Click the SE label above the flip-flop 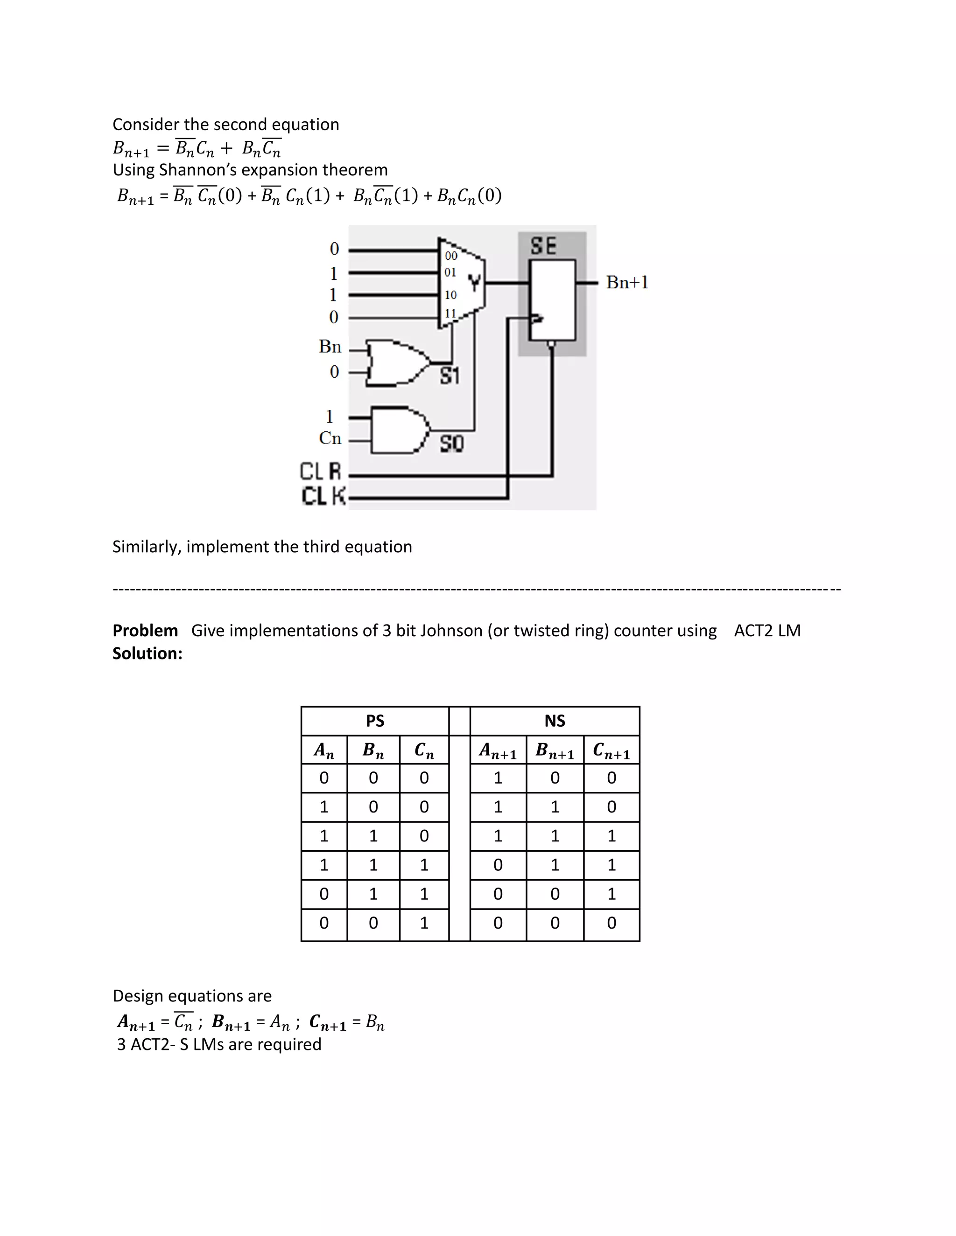click(543, 246)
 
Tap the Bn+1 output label click(627, 282)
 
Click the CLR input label click(321, 472)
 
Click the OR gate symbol click(396, 363)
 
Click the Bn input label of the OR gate click(330, 347)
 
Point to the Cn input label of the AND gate click(330, 438)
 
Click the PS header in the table click(375, 721)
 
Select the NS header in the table click(555, 721)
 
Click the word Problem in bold click(145, 631)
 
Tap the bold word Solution click(147, 653)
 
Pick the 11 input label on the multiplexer click(450, 313)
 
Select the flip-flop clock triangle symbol click(536, 319)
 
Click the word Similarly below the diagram click(147, 547)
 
